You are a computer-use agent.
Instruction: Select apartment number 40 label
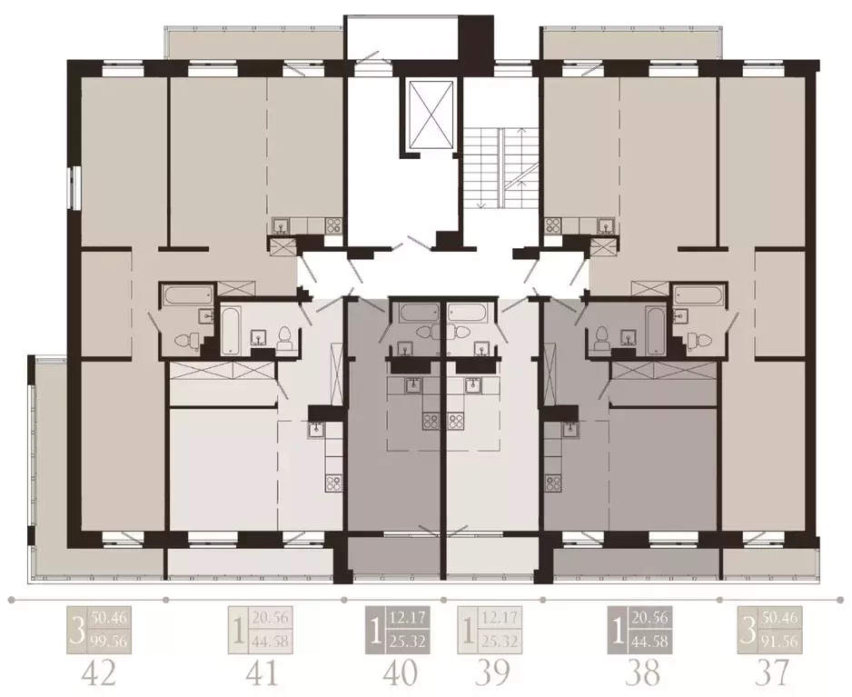400,673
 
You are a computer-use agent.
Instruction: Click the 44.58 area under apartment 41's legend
271,642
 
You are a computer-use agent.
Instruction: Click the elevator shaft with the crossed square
430,114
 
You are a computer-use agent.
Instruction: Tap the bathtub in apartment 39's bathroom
467,313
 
